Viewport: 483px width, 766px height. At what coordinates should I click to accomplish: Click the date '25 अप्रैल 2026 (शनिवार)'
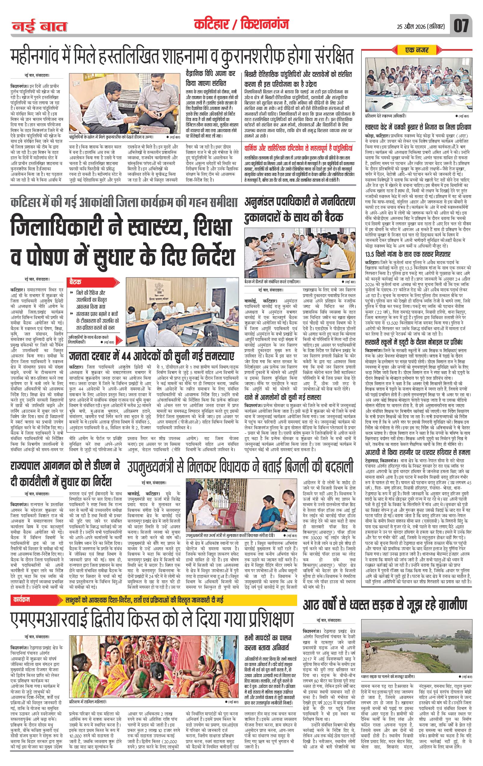click(417, 26)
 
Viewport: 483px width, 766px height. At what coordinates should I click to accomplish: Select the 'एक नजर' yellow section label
click(417, 50)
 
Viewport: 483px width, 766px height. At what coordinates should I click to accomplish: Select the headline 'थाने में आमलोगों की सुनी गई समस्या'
click(283, 397)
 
